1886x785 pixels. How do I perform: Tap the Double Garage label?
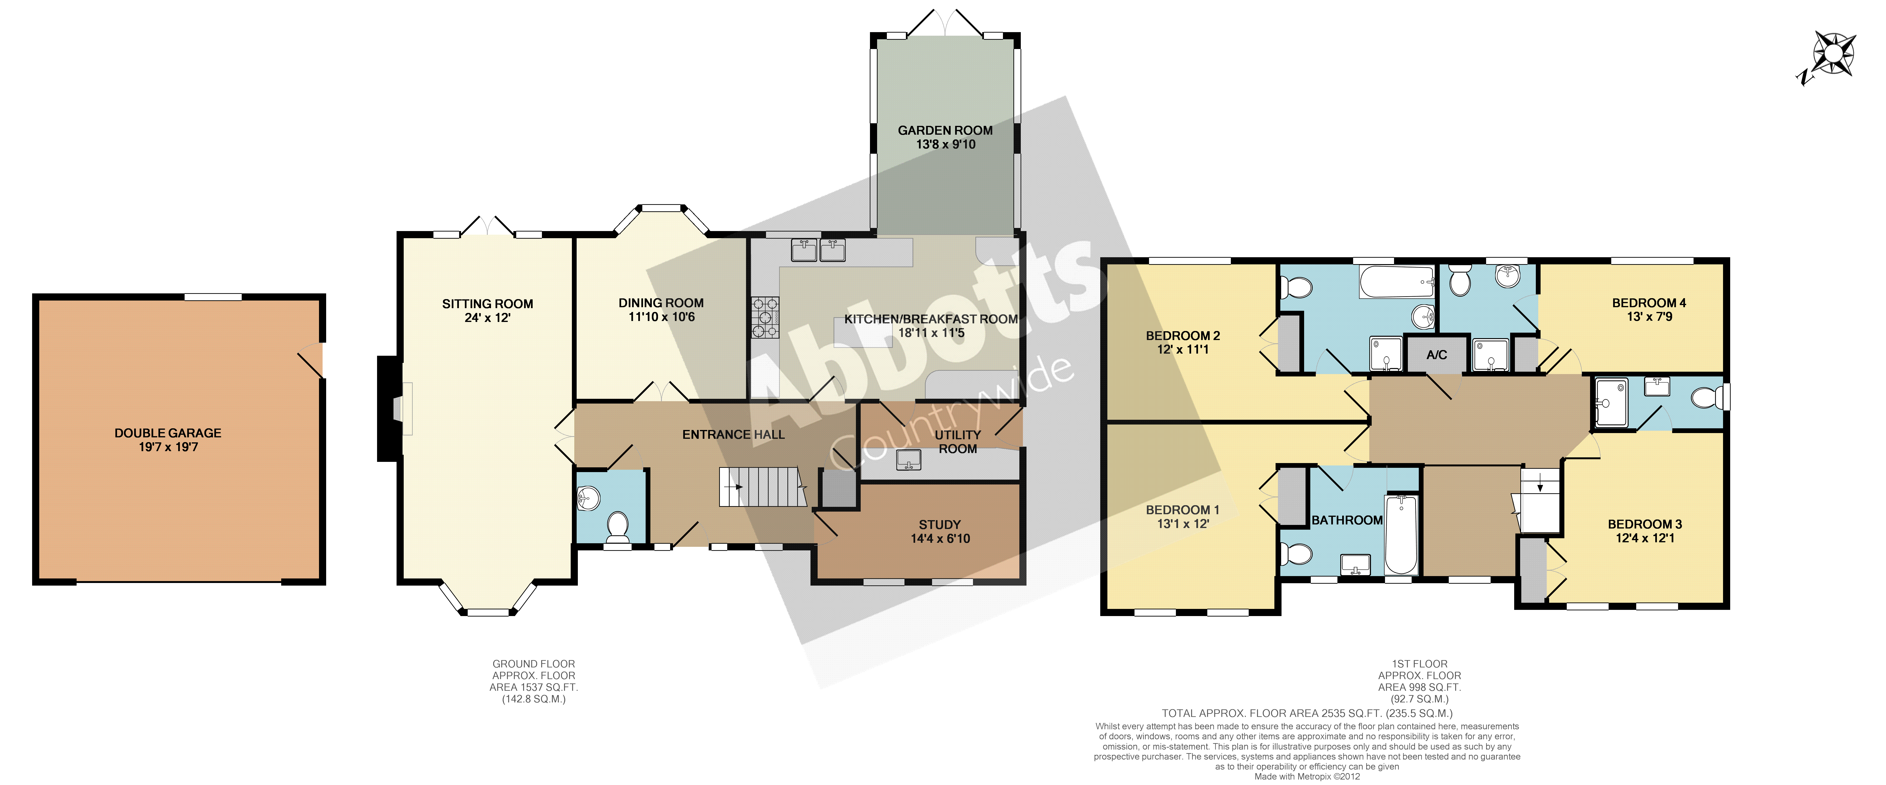click(168, 433)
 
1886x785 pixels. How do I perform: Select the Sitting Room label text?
click(488, 304)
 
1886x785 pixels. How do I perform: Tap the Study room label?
click(940, 524)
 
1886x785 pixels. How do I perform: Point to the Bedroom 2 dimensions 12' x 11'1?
click(1183, 349)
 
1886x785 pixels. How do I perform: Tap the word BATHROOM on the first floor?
click(1347, 520)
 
